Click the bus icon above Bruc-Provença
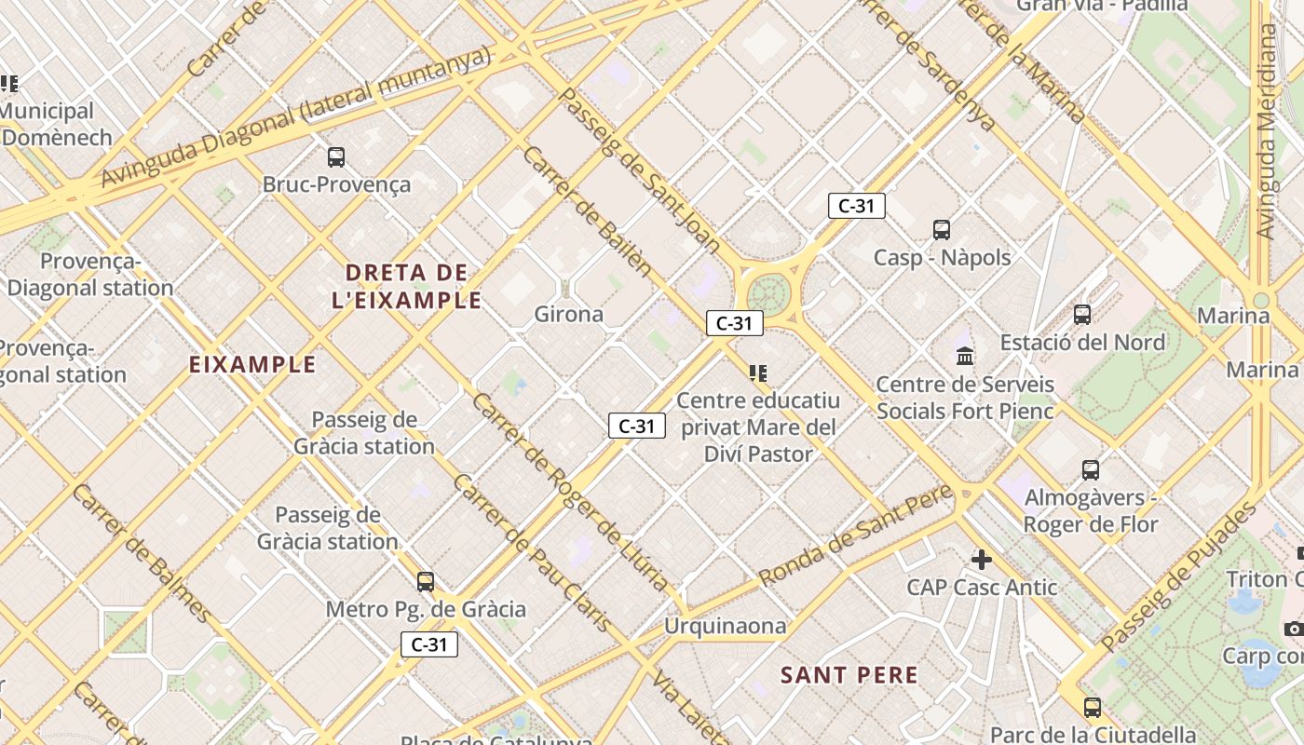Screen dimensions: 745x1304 click(336, 157)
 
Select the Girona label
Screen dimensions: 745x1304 click(568, 314)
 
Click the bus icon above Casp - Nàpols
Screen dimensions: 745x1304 click(942, 229)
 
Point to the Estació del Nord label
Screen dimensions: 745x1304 click(1082, 342)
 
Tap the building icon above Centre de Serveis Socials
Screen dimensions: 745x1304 click(965, 356)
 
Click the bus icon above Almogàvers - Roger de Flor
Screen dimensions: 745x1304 click(1091, 470)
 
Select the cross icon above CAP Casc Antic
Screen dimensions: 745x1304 click(982, 560)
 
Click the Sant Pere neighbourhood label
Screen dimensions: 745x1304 click(849, 675)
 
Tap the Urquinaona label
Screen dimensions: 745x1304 click(725, 626)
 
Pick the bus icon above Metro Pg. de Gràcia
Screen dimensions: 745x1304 click(426, 582)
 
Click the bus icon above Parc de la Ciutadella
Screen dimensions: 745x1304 click(1093, 708)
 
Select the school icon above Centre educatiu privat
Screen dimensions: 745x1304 click(758, 373)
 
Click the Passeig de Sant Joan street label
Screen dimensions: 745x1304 click(639, 172)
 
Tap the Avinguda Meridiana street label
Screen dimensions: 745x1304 click(1266, 130)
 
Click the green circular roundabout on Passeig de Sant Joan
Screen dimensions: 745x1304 click(768, 291)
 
